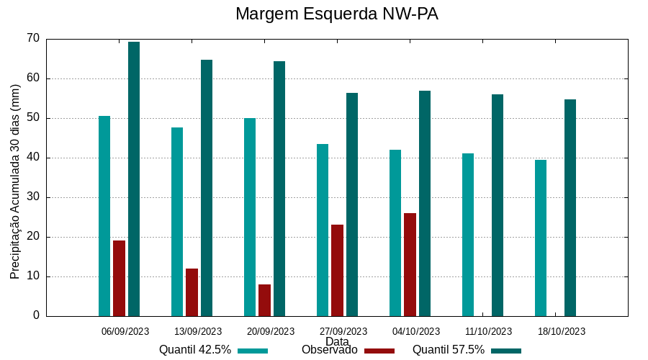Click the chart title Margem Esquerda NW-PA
(336, 14)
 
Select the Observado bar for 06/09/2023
(120, 278)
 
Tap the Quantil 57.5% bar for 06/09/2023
(134, 179)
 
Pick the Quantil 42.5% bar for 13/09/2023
(177, 222)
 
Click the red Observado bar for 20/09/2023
(265, 300)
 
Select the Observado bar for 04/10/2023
(410, 264)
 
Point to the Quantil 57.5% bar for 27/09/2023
(352, 204)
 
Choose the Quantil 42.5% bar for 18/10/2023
(541, 238)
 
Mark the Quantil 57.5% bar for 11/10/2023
(498, 205)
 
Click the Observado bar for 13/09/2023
(192, 292)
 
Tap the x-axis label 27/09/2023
(343, 331)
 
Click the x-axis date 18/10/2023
(562, 331)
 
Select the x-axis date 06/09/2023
(125, 331)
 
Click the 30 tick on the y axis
(32, 197)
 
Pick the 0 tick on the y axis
(36, 316)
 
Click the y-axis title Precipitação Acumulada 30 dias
(15, 181)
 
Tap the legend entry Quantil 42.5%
(195, 350)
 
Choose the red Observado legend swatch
(379, 351)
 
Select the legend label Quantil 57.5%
(449, 350)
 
